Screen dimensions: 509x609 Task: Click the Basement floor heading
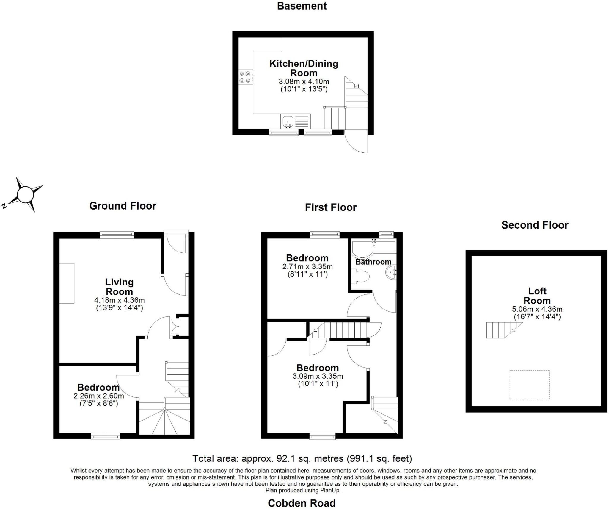[x=302, y=6]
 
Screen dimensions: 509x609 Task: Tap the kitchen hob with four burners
[x=246, y=77]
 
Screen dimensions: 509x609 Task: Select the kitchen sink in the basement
[x=288, y=121]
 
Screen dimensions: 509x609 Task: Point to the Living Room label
[x=119, y=287]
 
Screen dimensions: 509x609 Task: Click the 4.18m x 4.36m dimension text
[x=119, y=300]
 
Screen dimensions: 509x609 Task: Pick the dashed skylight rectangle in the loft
[x=529, y=385]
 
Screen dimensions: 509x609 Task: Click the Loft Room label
[x=537, y=296]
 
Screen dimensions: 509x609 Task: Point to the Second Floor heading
[x=534, y=225]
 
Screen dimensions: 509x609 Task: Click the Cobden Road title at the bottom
[x=302, y=503]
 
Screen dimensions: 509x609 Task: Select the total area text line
[x=302, y=458]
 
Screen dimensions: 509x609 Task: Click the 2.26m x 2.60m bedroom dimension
[x=98, y=396]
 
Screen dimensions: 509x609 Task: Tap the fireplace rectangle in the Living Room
[x=67, y=283]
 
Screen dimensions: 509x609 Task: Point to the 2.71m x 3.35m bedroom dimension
[x=307, y=266]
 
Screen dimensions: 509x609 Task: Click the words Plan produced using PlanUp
[x=303, y=490]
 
